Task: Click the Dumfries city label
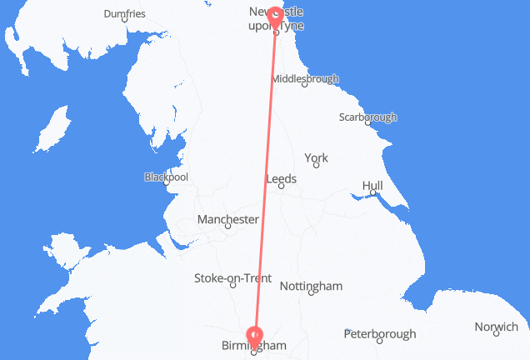(x=124, y=13)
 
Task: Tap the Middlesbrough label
(x=305, y=79)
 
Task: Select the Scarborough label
(x=367, y=117)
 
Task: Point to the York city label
(x=316, y=157)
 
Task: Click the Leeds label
(x=280, y=178)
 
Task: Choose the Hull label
(x=373, y=185)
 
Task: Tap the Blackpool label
(x=166, y=177)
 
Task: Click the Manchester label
(x=227, y=219)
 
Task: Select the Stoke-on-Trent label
(x=232, y=277)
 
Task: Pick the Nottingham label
(x=311, y=286)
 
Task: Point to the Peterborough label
(x=380, y=334)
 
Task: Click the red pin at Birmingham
(x=254, y=337)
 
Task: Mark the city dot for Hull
(x=373, y=193)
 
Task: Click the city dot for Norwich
(x=495, y=334)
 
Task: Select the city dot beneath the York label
(x=316, y=166)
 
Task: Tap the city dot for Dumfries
(x=124, y=20)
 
